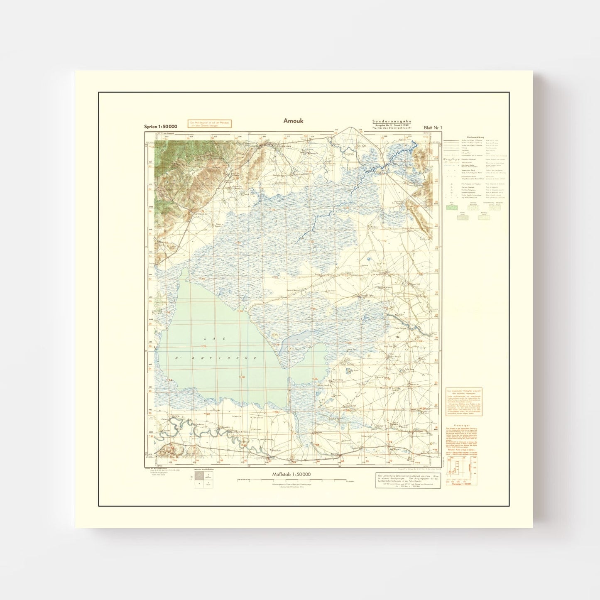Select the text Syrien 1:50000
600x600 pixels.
click(x=161, y=126)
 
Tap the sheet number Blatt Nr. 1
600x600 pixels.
click(x=433, y=127)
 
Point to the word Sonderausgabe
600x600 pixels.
click(x=383, y=120)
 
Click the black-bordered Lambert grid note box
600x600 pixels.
click(x=407, y=480)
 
